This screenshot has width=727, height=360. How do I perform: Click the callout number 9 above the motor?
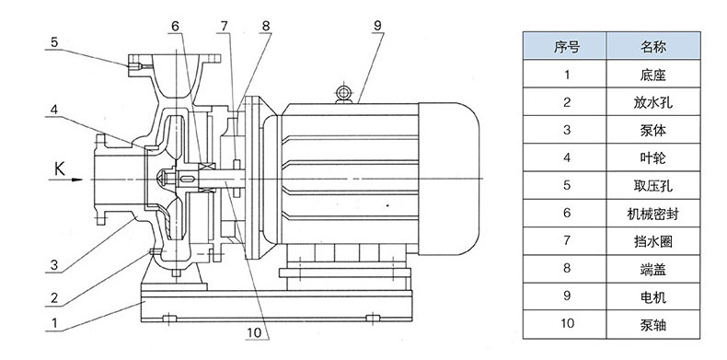[x=377, y=26]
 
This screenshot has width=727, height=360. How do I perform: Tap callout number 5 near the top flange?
[x=54, y=42]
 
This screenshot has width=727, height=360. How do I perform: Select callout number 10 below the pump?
[x=255, y=332]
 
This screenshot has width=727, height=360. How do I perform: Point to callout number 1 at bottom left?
[x=54, y=322]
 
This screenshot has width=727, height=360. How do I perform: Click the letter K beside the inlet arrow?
[x=60, y=169]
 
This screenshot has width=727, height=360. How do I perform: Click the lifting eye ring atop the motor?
[x=343, y=93]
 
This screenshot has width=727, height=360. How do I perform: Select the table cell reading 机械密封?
[x=652, y=214]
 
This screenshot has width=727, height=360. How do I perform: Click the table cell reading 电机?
[x=652, y=296]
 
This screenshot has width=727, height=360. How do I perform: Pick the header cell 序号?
[x=565, y=46]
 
